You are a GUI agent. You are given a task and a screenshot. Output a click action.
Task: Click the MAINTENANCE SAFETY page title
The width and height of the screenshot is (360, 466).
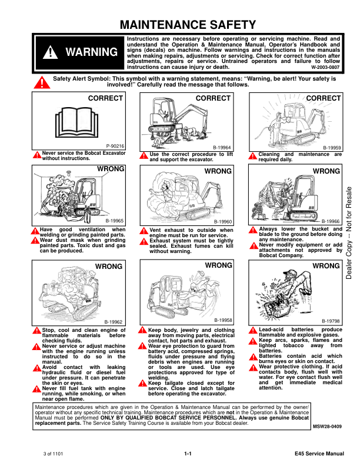pyautogui.click(x=188, y=25)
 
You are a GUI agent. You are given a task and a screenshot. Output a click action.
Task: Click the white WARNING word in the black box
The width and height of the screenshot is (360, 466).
pyautogui.click(x=91, y=52)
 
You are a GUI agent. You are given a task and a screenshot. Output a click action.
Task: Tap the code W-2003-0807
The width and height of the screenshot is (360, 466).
pyautogui.click(x=325, y=67)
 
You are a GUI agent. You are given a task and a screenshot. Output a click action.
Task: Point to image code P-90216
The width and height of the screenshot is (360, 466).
pyautogui.click(x=115, y=145)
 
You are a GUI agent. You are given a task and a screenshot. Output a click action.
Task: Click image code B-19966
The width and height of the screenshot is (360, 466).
pyautogui.click(x=332, y=221)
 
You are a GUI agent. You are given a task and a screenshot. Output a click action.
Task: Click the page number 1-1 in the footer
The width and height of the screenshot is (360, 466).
pyautogui.click(x=188, y=454)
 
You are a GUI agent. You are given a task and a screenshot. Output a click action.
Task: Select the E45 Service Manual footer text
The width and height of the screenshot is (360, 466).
pyautogui.click(x=319, y=454)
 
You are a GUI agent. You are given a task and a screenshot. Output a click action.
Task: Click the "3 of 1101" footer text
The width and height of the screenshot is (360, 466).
pyautogui.click(x=53, y=454)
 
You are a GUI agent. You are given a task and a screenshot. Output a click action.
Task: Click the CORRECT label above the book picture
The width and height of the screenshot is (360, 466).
pyautogui.click(x=105, y=98)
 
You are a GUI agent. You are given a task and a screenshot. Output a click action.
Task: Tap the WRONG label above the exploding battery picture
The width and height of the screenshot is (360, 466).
pyautogui.click(x=326, y=267)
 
